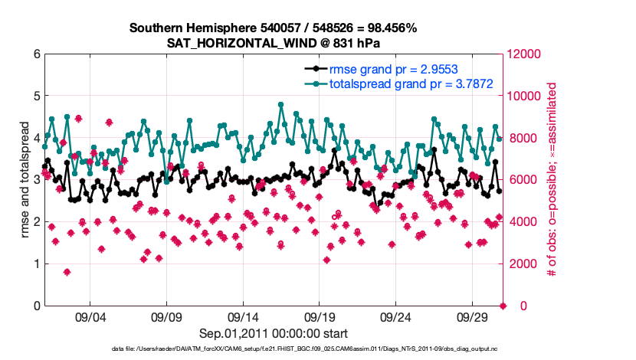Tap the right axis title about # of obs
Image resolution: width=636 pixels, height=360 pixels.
(x=550, y=180)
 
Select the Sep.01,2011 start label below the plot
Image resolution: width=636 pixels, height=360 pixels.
(x=274, y=333)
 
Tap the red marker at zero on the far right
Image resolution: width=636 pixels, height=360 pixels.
(x=503, y=306)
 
